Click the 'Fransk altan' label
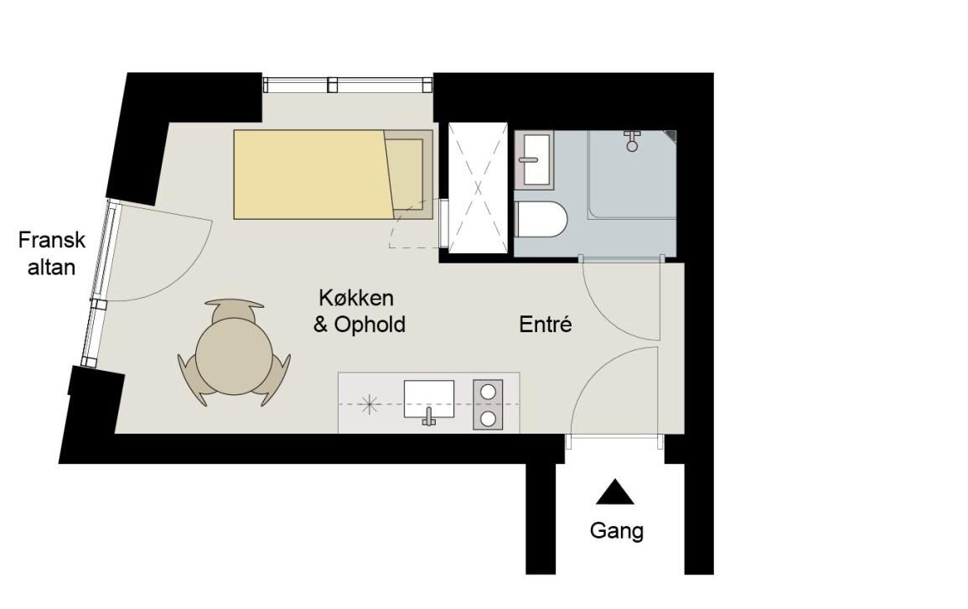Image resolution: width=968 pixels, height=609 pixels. pyautogui.click(x=52, y=253)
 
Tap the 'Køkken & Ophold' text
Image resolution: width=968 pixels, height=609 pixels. pyautogui.click(x=360, y=311)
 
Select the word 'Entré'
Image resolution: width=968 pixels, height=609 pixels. pyautogui.click(x=545, y=325)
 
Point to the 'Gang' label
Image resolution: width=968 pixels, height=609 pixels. pyautogui.click(x=616, y=531)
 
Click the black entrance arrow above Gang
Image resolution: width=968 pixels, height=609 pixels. pyautogui.click(x=615, y=492)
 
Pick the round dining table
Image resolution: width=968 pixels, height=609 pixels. pyautogui.click(x=234, y=357)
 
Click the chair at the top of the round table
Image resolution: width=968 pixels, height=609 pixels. pyautogui.click(x=234, y=310)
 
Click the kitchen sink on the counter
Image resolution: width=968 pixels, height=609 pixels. pyautogui.click(x=428, y=398)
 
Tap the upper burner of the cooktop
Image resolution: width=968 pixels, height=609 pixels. pyautogui.click(x=488, y=392)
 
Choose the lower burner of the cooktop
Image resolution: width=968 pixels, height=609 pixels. pyautogui.click(x=488, y=419)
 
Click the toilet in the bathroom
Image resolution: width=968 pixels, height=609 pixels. pyautogui.click(x=541, y=220)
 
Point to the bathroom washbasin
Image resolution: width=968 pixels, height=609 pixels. pyautogui.click(x=534, y=159)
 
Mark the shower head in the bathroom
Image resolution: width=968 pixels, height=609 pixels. pyautogui.click(x=632, y=142)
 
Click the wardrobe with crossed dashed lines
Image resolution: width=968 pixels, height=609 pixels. pyautogui.click(x=478, y=188)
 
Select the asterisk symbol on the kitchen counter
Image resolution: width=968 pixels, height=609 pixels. pyautogui.click(x=369, y=404)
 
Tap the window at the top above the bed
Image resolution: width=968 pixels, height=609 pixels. pyautogui.click(x=348, y=84)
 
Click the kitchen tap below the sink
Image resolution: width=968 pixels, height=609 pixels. pyautogui.click(x=429, y=417)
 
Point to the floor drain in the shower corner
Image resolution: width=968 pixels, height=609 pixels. pyautogui.click(x=671, y=136)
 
